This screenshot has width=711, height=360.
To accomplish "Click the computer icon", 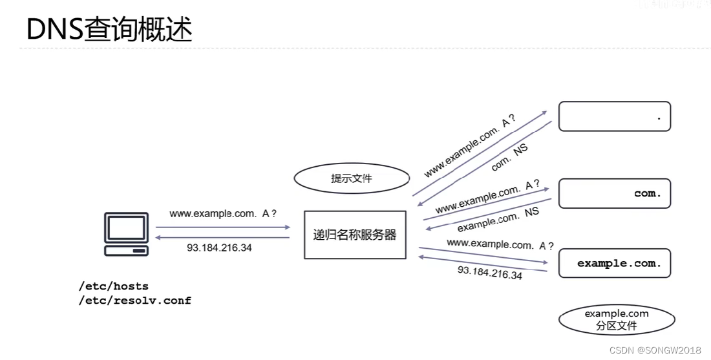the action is (126, 233).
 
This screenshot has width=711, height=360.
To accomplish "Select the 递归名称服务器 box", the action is (355, 235).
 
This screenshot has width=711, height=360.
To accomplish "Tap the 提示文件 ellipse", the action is (352, 178).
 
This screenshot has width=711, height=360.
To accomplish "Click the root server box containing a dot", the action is (614, 116).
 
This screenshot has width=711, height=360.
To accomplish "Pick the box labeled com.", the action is (614, 193).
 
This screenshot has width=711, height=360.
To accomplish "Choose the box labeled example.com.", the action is (614, 263).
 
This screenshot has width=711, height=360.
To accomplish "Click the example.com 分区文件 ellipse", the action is (616, 320).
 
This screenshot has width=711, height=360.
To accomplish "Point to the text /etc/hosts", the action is (113, 286).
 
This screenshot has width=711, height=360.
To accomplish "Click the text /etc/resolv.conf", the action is (134, 301).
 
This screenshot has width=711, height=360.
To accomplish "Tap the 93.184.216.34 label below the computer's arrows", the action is (219, 248).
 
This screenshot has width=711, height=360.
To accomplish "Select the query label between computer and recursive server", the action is (223, 214).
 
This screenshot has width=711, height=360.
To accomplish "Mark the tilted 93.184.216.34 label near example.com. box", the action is (489, 272).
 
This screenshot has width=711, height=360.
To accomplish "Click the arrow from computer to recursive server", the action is (223, 227).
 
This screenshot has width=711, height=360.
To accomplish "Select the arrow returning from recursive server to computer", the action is (223, 238).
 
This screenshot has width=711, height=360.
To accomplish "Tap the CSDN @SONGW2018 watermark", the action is (655, 350).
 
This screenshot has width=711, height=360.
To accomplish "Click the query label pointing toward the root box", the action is (469, 147).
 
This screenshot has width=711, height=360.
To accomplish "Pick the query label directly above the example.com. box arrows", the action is (500, 244).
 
